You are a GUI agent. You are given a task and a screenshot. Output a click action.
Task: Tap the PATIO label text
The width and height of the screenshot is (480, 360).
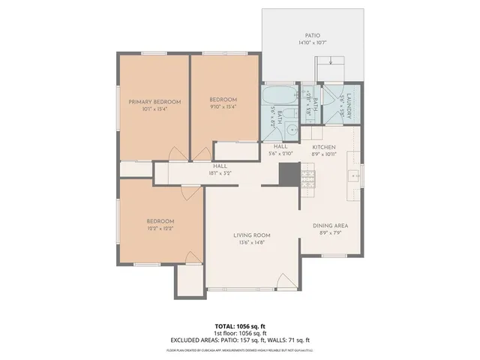pyautogui.click(x=312, y=35)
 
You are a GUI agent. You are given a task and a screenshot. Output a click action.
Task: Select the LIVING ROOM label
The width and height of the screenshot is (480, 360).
pyautogui.click(x=251, y=235)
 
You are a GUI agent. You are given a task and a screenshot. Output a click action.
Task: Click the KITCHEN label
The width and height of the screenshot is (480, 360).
pyautogui.click(x=324, y=147)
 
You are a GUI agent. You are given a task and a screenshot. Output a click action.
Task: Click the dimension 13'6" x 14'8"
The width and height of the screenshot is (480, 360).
pyautogui.click(x=251, y=243)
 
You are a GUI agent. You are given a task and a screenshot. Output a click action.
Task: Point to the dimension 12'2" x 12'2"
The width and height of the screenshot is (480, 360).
pyautogui.click(x=160, y=228)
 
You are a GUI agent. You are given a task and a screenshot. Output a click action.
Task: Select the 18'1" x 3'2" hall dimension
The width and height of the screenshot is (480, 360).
pyautogui.click(x=220, y=173)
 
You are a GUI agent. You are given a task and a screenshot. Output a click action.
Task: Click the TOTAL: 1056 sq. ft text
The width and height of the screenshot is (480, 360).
pyautogui.click(x=239, y=326)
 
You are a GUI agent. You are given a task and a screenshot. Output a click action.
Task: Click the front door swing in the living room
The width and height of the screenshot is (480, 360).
pyautogui.click(x=285, y=282)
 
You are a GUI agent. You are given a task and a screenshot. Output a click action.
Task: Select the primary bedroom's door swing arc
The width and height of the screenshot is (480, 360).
pyautogui.click(x=175, y=152)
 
